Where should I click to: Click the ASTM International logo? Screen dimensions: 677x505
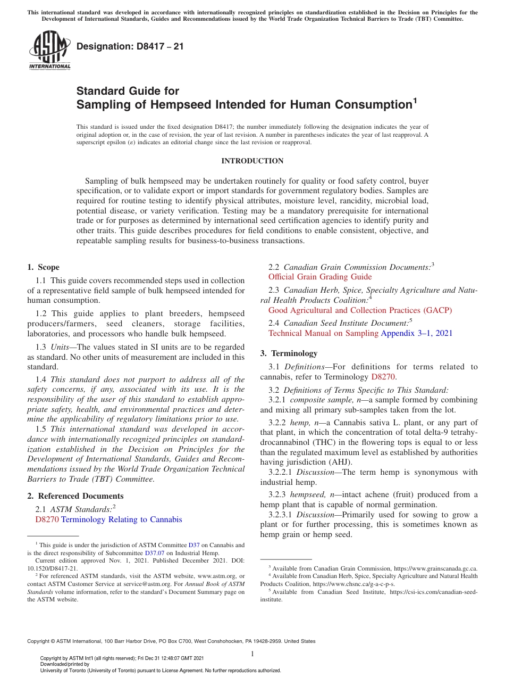point(49,50)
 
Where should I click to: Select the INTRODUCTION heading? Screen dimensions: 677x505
point(252,161)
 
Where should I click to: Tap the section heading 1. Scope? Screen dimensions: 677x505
point(44,267)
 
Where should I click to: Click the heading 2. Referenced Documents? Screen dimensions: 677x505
point(68,496)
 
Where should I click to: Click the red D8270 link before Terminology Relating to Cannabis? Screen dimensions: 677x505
point(47,519)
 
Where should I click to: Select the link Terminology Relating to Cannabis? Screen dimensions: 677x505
point(122,519)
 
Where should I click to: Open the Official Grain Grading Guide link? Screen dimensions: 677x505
point(320,277)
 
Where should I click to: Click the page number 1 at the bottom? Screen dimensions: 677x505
point(252,654)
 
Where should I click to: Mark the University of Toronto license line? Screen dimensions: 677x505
point(161,671)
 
